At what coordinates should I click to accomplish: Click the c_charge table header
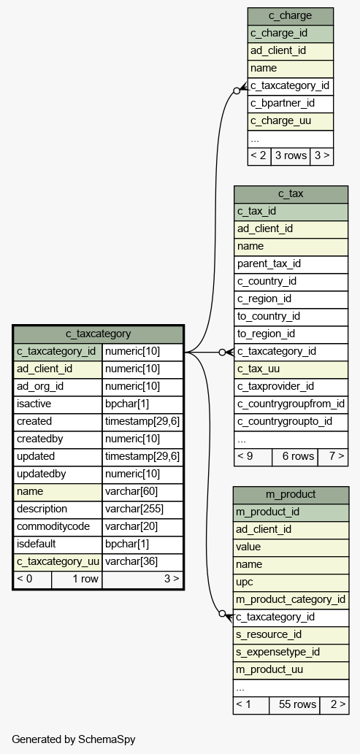click(x=290, y=16)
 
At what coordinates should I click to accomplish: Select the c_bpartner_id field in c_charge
click(x=290, y=104)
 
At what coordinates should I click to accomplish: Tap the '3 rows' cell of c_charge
click(x=290, y=155)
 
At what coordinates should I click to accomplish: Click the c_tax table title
click(x=291, y=193)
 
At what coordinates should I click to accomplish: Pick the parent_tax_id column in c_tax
click(x=291, y=264)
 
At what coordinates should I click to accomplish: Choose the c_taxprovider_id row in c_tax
click(x=291, y=387)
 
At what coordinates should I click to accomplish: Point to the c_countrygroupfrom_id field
click(x=291, y=404)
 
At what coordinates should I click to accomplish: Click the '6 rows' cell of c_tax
click(x=294, y=456)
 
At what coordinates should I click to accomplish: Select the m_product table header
click(x=291, y=494)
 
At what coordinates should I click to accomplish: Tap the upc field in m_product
click(x=291, y=582)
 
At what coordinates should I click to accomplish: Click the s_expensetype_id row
click(x=291, y=653)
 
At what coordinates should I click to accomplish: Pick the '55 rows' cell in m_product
click(x=294, y=705)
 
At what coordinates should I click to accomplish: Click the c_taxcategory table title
click(x=98, y=334)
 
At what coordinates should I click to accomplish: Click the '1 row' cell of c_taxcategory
click(x=77, y=580)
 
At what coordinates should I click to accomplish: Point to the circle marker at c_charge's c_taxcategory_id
click(x=237, y=91)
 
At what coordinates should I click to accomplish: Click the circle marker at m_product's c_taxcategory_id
click(x=222, y=614)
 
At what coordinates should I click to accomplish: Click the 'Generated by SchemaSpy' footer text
click(x=74, y=739)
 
